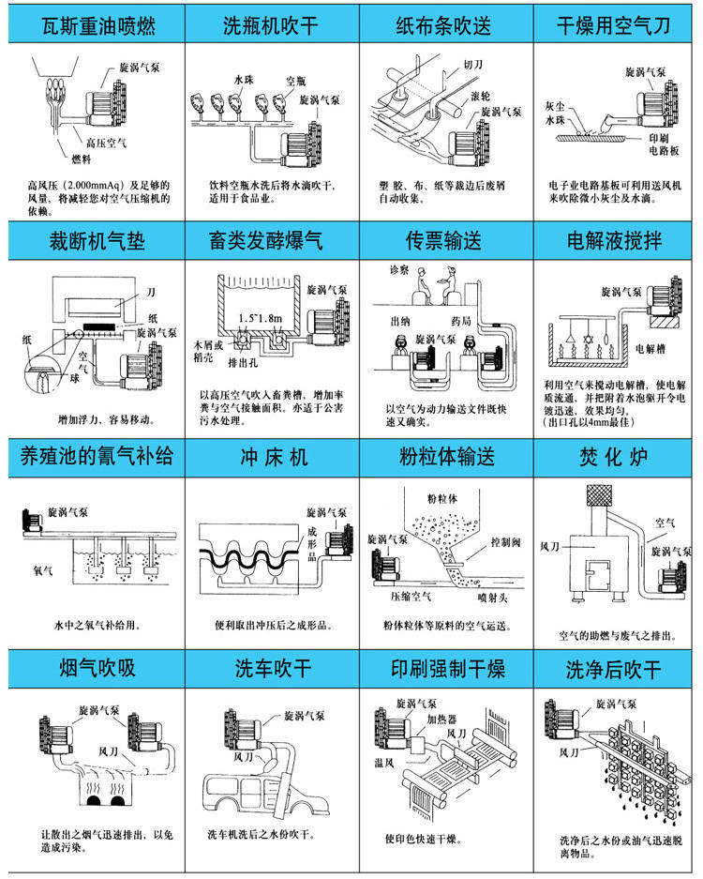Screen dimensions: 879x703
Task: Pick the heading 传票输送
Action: coord(444,241)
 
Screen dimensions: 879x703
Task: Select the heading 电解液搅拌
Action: coord(615,241)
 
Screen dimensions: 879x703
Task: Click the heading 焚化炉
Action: coord(615,460)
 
